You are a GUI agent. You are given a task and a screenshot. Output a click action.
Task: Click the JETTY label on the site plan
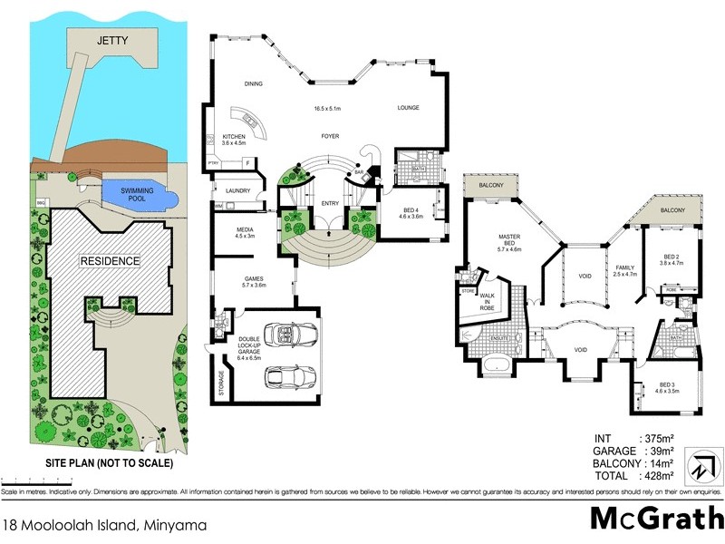click(x=113, y=41)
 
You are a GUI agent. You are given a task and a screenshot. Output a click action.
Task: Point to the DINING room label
click(x=253, y=84)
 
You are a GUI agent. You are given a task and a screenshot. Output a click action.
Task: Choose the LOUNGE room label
click(x=410, y=108)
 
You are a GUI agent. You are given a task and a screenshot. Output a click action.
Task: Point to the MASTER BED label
click(x=508, y=239)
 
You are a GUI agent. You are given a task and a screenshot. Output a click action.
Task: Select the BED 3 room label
click(x=666, y=387)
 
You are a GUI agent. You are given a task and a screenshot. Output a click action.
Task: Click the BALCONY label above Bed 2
click(x=672, y=210)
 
